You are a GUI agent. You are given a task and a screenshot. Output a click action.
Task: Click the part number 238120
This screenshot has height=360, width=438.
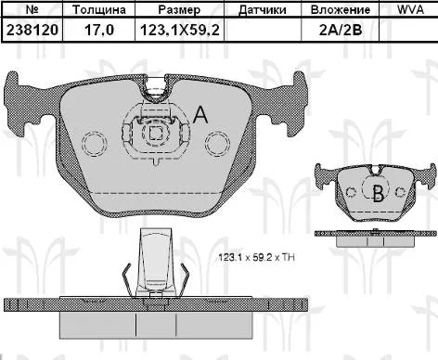point(32,31)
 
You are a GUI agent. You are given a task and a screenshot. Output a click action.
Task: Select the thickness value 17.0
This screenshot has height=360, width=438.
point(99,31)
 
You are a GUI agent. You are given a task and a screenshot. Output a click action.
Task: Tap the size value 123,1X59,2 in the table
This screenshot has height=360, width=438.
point(180,31)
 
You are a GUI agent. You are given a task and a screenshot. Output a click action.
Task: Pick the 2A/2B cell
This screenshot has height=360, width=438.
point(341,31)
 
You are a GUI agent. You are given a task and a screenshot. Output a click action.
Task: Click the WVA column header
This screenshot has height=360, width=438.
point(410,9)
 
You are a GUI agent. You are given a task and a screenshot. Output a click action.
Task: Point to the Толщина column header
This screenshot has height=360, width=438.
point(99,10)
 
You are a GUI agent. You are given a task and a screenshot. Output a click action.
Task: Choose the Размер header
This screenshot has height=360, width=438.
point(179,10)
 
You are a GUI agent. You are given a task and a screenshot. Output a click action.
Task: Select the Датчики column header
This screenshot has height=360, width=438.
point(263,10)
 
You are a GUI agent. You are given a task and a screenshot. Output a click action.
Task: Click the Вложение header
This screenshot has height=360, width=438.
point(341,10)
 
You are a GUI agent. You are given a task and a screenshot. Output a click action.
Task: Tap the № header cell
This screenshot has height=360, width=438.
point(32,9)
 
